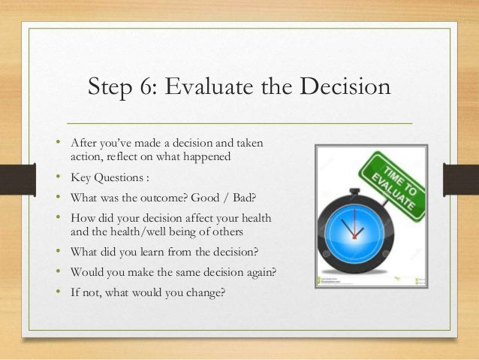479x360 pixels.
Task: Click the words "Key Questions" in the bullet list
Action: (x=105, y=179)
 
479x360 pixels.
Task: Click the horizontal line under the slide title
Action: (x=239, y=123)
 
